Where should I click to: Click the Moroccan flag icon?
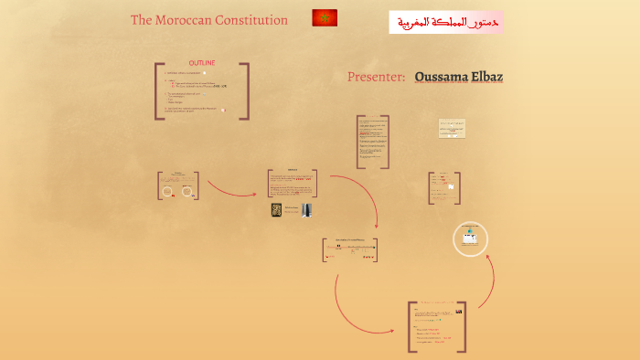(325, 17)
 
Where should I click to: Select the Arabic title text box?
(445, 22)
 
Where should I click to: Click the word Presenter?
(376, 77)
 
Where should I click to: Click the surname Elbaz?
(486, 77)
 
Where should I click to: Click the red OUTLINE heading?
(202, 62)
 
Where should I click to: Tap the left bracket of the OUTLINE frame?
(157, 90)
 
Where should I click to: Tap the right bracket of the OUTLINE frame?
(246, 90)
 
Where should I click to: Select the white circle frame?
(471, 239)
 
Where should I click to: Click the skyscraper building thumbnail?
(305, 211)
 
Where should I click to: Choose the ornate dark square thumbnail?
(276, 210)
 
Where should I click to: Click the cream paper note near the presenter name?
(452, 128)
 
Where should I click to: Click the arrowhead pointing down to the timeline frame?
(376, 228)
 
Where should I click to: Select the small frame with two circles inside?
(179, 185)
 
